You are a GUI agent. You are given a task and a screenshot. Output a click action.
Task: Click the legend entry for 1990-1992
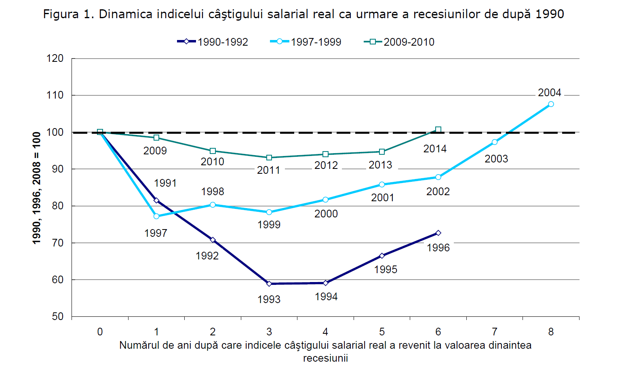[x=213, y=42]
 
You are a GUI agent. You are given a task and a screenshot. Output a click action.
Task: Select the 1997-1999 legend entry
[x=306, y=42]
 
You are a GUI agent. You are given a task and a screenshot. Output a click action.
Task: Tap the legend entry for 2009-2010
[x=399, y=42]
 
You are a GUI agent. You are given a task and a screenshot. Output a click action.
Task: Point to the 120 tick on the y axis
[x=55, y=58]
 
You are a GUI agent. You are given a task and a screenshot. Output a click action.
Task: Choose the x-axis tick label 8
[x=551, y=332]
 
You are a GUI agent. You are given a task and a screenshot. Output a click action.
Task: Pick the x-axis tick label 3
[x=269, y=332]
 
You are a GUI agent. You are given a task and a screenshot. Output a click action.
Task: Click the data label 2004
[x=550, y=93]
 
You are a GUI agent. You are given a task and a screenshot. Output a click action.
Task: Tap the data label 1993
[x=269, y=299]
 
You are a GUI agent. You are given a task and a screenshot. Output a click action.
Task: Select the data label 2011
[x=269, y=170]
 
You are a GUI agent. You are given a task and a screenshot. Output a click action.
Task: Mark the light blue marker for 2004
[x=551, y=104]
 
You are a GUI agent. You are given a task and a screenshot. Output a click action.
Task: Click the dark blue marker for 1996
[x=438, y=233]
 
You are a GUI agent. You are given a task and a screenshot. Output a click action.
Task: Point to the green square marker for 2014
[x=438, y=130]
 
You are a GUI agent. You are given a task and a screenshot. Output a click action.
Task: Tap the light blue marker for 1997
[x=156, y=216]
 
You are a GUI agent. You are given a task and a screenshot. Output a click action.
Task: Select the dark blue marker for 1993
[x=269, y=284]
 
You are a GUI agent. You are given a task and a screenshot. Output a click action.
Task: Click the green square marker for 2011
[x=269, y=158]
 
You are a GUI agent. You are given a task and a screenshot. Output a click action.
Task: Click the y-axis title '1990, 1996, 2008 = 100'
[x=37, y=188]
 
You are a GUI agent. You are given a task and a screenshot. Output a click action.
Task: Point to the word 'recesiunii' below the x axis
[x=325, y=358]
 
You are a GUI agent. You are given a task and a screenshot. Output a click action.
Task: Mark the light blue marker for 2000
[x=326, y=200]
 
